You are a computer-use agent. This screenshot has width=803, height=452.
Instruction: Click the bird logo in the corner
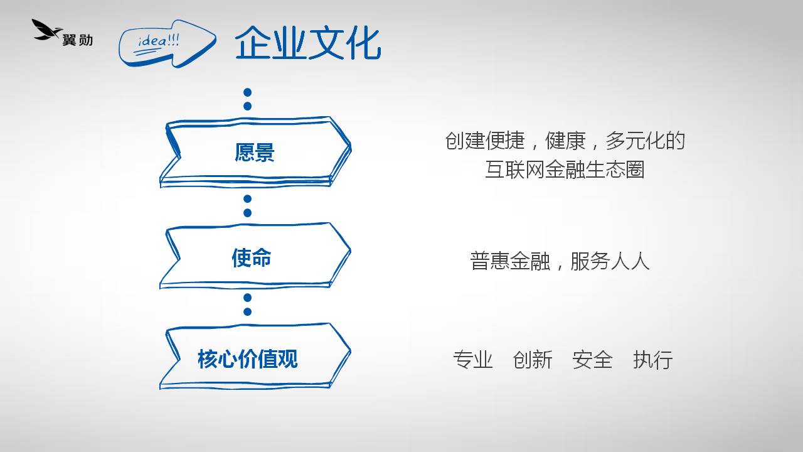tap(46, 30)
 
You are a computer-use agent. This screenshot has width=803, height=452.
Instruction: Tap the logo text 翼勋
tap(78, 40)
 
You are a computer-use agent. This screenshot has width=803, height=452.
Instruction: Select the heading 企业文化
tap(308, 43)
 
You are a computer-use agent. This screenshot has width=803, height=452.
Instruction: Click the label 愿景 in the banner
tap(255, 153)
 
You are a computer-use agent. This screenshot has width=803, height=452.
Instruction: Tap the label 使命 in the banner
tap(252, 257)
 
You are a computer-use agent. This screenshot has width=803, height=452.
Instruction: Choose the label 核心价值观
tap(248, 358)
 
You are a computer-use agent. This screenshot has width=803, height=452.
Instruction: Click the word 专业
tap(473, 360)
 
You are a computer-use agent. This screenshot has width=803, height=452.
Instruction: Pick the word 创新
tap(533, 360)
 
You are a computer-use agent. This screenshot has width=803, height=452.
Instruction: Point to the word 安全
tap(592, 360)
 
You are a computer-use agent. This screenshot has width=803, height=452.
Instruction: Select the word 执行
tap(653, 360)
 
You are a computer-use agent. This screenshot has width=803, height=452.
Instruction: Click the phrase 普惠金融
tap(510, 261)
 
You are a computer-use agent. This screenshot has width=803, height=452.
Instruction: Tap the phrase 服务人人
tap(610, 261)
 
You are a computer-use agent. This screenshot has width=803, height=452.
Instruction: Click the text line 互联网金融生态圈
tap(565, 169)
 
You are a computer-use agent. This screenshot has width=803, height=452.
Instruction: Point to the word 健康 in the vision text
tap(565, 140)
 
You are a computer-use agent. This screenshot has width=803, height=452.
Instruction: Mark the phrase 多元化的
tap(646, 140)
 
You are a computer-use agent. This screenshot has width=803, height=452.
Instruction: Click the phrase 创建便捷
tap(485, 140)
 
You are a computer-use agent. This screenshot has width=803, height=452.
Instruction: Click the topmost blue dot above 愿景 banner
tap(247, 92)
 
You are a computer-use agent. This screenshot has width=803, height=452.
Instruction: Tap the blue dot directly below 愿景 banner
tap(247, 199)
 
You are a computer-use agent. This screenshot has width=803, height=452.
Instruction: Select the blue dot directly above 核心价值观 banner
tap(247, 311)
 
